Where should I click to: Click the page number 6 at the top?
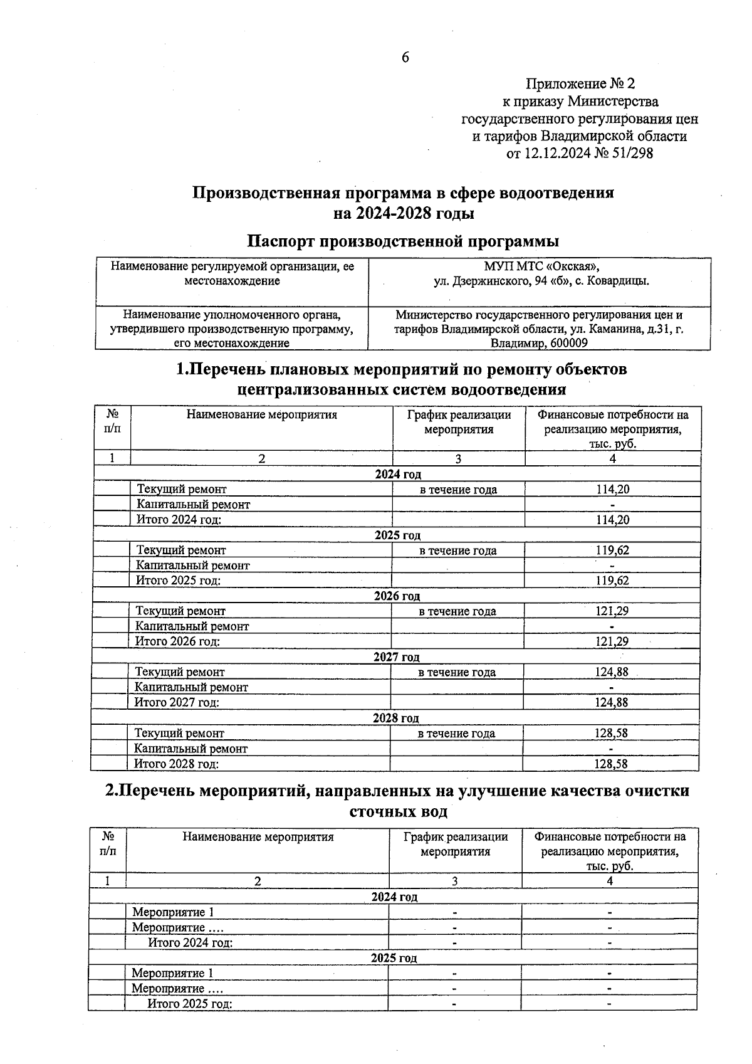(405, 58)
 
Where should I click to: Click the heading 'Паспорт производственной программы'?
(403, 241)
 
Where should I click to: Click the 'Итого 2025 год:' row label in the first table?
(179, 581)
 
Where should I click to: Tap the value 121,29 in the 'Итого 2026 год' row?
(611, 641)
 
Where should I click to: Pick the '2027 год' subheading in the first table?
(396, 657)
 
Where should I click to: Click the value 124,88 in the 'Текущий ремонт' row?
(611, 672)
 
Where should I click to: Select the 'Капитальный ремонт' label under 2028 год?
(191, 749)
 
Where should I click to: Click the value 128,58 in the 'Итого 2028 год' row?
(610, 764)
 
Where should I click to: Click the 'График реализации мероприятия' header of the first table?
(459, 422)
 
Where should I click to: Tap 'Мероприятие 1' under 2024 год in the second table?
(173, 912)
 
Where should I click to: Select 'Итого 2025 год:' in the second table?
(189, 1004)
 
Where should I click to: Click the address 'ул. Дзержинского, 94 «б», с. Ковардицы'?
(541, 282)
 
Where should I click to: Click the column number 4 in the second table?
(609, 881)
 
